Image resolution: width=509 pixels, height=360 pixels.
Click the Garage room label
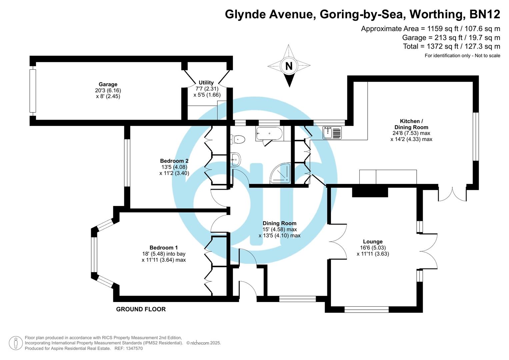(108, 84)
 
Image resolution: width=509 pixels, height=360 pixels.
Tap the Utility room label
(206, 83)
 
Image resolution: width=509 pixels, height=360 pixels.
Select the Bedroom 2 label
(174, 161)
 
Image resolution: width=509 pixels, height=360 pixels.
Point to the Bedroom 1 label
(163, 248)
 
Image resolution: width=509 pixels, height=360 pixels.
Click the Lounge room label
(373, 242)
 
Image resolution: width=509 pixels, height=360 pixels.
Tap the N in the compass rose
(289, 66)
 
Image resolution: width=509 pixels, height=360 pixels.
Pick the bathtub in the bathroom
(269, 134)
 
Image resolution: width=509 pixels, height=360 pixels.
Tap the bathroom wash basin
(235, 159)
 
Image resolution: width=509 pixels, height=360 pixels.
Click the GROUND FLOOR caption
(141, 309)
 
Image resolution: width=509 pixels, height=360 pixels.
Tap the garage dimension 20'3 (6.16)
(108, 90)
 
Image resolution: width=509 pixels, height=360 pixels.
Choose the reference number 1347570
(133, 348)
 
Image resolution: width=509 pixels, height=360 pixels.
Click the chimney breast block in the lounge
(370, 192)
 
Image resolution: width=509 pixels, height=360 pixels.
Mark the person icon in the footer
(16, 343)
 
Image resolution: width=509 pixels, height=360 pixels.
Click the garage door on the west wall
(32, 91)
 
